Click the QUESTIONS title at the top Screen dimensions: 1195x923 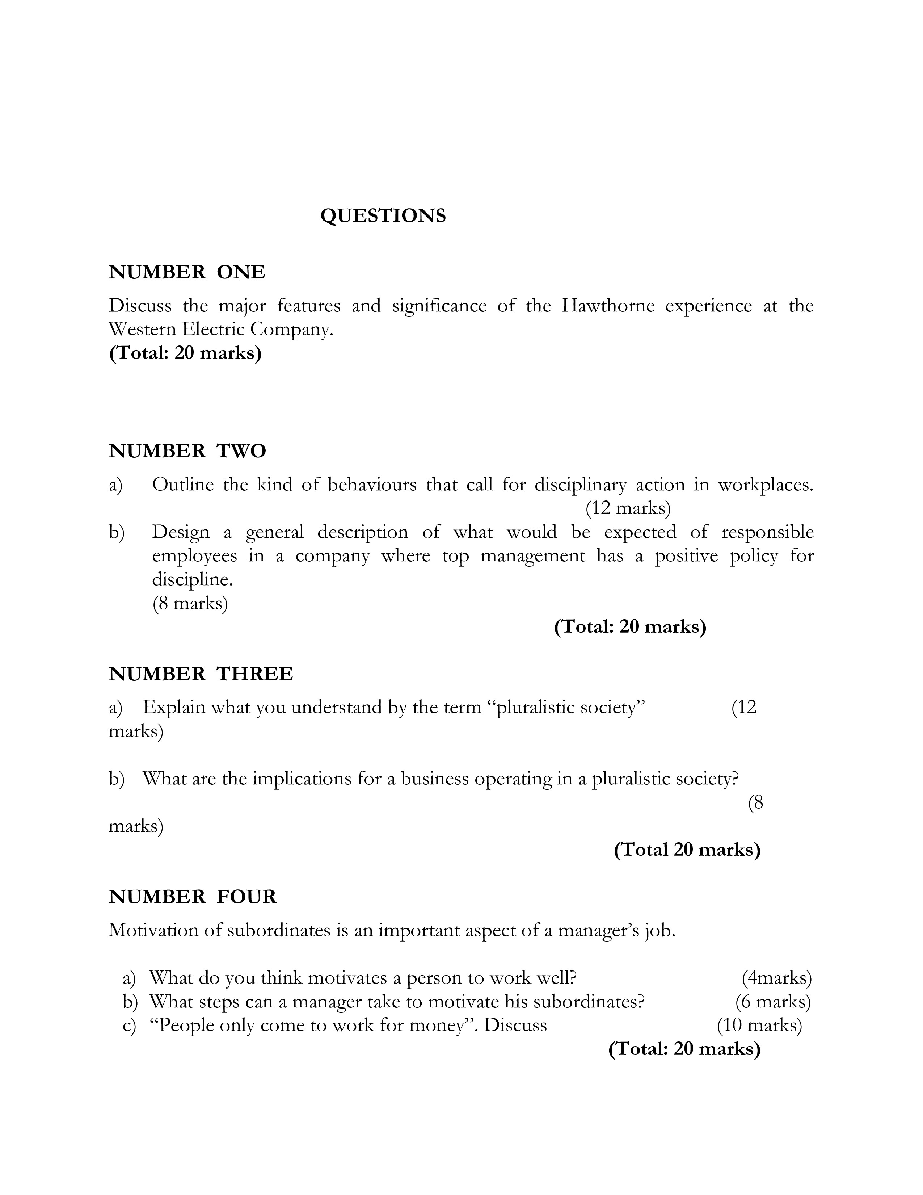pyautogui.click(x=383, y=216)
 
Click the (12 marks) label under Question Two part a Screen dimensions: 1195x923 pyautogui.click(x=628, y=508)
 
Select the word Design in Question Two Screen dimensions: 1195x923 pyautogui.click(x=181, y=532)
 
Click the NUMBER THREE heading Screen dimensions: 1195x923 pyautogui.click(x=201, y=674)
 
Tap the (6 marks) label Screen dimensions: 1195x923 pyautogui.click(x=773, y=1001)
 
